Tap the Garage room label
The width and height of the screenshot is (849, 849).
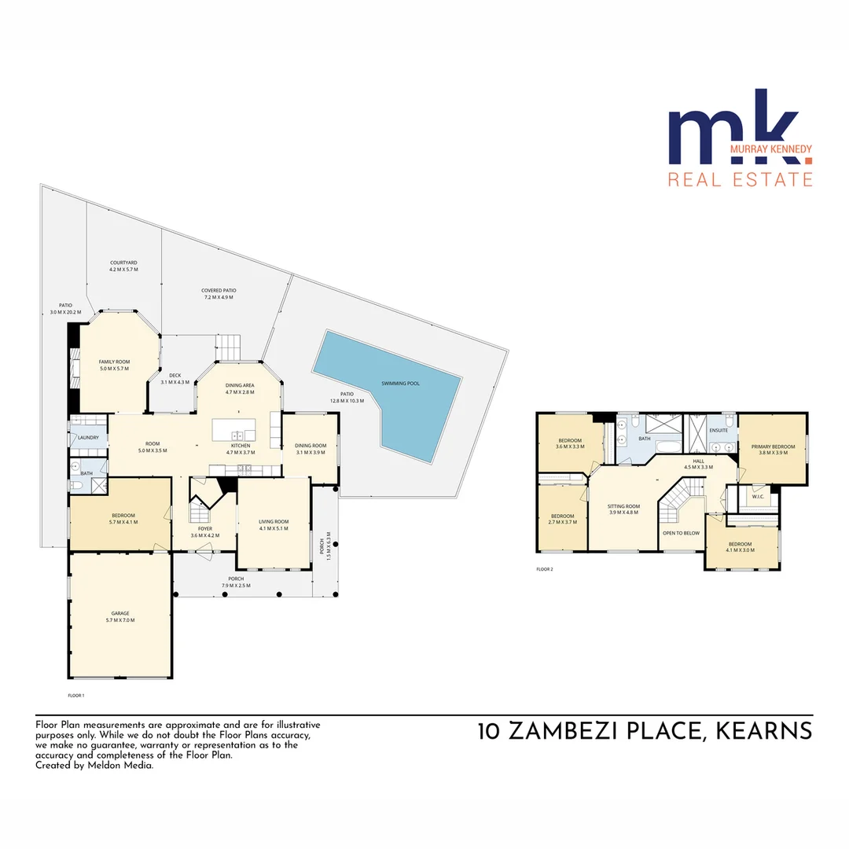120,613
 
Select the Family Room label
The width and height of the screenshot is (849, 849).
114,362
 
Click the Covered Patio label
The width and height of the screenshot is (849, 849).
219,291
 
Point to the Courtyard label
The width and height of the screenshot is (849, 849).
123,263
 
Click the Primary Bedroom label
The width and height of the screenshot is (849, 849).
772,447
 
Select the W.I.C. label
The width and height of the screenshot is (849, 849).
758,496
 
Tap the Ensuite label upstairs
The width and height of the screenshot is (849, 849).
719,431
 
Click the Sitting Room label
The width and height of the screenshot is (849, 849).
623,506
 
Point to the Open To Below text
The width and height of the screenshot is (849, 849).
681,533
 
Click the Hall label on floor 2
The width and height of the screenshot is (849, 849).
698,461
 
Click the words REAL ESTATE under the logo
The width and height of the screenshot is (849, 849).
740,180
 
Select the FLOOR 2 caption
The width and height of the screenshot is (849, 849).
545,568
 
